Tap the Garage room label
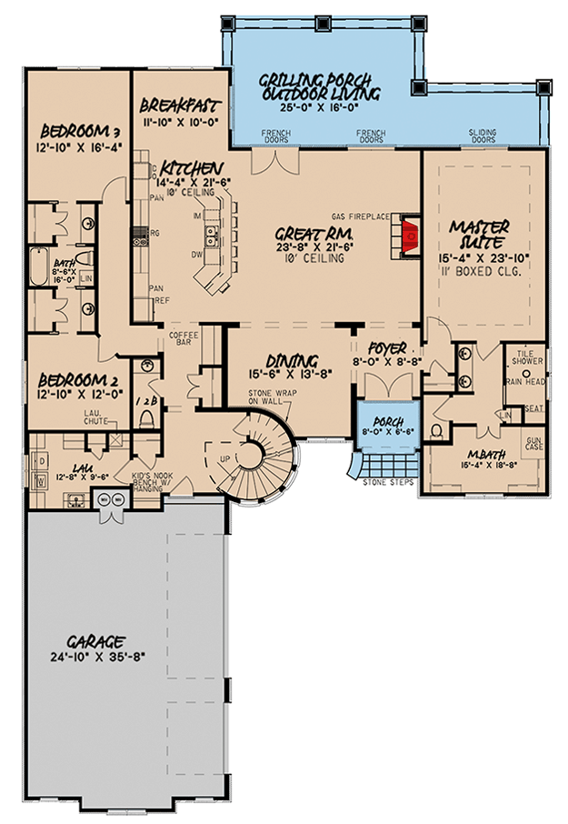pos(88,640)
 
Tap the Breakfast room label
pos(178,103)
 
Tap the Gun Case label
pos(534,443)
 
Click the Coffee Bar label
pos(184,339)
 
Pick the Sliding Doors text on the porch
pos(483,137)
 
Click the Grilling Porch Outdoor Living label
pos(320,85)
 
